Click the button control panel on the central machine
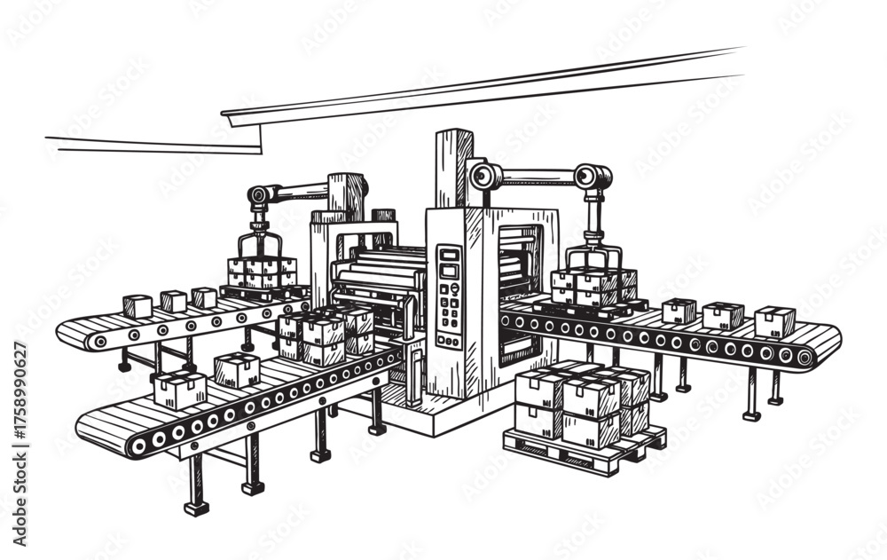pos(450,297)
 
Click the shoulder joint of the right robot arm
pos(483,175)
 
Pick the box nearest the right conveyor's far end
pos(774,321)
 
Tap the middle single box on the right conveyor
pos(723,315)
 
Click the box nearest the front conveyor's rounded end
pos(180,390)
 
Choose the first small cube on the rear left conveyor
pos(137,306)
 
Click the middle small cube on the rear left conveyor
pos(173,301)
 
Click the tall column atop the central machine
pos(453,169)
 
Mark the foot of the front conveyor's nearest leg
pos(196,508)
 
